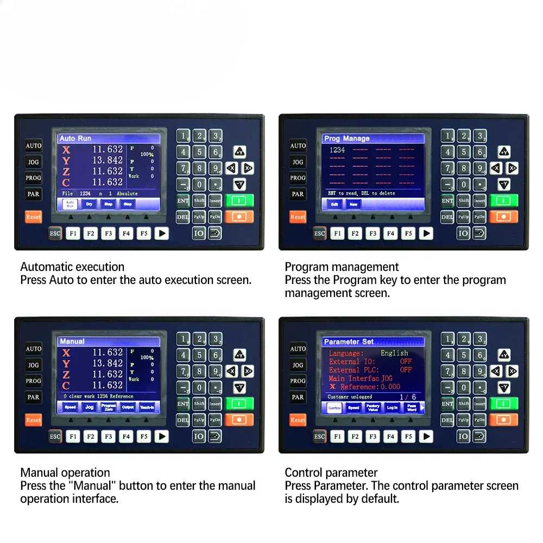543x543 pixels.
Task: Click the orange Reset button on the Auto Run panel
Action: coord(34,217)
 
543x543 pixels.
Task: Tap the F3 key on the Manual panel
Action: coord(108,437)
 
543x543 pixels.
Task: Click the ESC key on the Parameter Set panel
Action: coord(319,437)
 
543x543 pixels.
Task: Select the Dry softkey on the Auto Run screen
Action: coord(89,204)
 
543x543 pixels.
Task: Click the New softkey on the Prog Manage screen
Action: coord(353,204)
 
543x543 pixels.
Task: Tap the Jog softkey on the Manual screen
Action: coord(89,407)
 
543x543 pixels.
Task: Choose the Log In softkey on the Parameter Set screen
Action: coord(392,407)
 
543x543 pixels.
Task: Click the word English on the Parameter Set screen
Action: coord(394,353)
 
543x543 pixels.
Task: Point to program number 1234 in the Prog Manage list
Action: coord(337,150)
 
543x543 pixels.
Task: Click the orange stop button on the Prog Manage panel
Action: coord(503,217)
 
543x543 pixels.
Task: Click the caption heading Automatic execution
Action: coord(72,267)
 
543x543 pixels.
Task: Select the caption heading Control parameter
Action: coord(331,472)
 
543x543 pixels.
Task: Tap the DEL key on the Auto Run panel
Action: coord(183,217)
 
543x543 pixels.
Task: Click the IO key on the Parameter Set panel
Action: coord(463,437)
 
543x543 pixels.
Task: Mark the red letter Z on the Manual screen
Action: coord(66,375)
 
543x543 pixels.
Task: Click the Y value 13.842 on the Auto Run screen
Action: coord(108,160)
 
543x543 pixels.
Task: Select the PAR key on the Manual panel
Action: coord(34,397)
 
